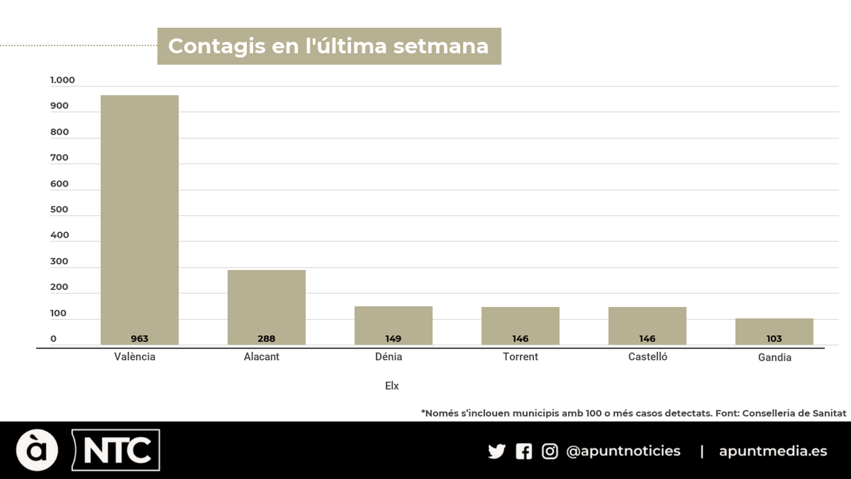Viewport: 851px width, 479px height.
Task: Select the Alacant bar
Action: pos(266,307)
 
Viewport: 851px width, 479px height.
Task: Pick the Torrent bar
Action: pos(520,325)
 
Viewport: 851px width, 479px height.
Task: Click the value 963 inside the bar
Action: pos(139,338)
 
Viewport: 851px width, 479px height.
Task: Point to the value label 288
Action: pos(266,338)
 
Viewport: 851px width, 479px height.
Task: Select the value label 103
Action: pos(774,338)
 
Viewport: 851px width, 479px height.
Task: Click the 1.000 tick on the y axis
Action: pos(62,80)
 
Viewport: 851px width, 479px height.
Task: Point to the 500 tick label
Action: pos(59,209)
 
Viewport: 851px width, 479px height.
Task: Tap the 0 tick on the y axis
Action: pos(53,338)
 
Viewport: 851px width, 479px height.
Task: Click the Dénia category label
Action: pos(388,357)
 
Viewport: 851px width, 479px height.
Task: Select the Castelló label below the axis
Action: pos(647,357)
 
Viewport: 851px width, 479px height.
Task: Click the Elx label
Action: pos(392,386)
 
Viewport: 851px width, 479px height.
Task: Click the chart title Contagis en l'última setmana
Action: pos(329,46)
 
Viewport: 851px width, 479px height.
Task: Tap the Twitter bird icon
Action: pos(497,451)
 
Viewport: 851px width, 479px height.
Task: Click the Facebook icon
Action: pos(524,451)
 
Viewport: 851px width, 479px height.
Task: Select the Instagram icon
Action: pos(550,451)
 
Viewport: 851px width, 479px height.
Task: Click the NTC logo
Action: pos(116,450)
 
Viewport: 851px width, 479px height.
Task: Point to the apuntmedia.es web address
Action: pos(773,451)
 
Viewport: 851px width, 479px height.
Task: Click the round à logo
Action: pos(37,450)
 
